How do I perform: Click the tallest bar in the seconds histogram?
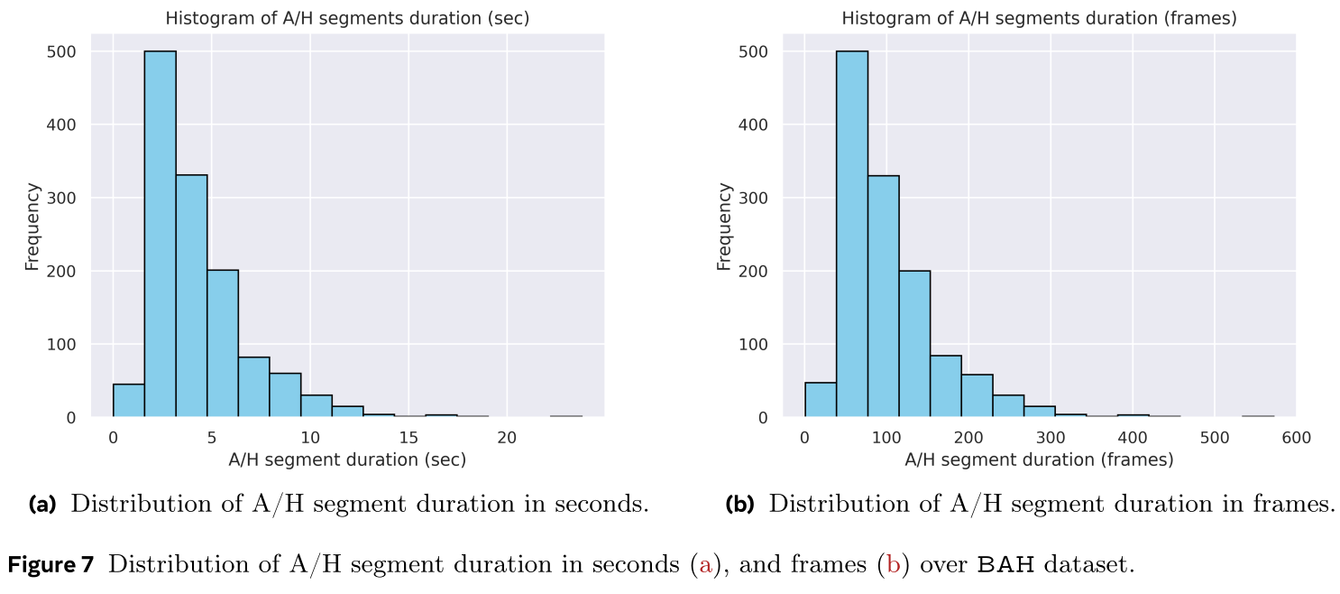pyautogui.click(x=160, y=235)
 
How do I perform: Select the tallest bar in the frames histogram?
pyautogui.click(x=852, y=235)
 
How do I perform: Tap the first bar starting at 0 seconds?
pyautogui.click(x=128, y=401)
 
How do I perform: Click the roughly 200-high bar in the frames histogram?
pyautogui.click(x=914, y=344)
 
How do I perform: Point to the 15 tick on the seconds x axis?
pyautogui.click(x=408, y=437)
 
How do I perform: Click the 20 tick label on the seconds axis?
pyautogui.click(x=507, y=437)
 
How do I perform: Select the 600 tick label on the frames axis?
pyautogui.click(x=1296, y=437)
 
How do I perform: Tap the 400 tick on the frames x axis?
pyautogui.click(x=1132, y=437)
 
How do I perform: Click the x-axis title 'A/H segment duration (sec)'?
pyautogui.click(x=347, y=459)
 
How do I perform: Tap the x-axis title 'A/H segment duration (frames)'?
pyautogui.click(x=1039, y=459)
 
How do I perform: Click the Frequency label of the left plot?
pyautogui.click(x=32, y=226)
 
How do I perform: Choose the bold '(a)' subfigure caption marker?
pyautogui.click(x=42, y=504)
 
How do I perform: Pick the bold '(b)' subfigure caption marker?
pyautogui.click(x=739, y=504)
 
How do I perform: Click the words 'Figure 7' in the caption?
pyautogui.click(x=50, y=566)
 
